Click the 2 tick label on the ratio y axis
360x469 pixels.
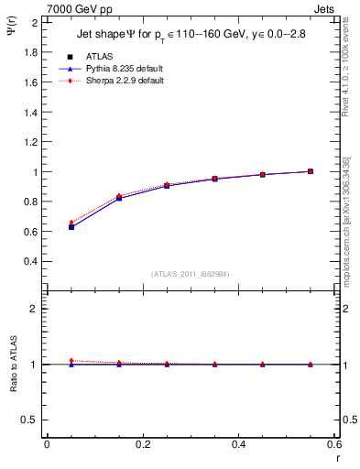[x=36, y=309]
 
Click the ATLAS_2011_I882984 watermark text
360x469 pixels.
[x=191, y=274]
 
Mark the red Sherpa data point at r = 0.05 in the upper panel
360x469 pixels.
[x=71, y=223]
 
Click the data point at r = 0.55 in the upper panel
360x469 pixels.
[x=311, y=171]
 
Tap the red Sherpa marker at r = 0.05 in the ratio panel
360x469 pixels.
[x=71, y=361]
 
